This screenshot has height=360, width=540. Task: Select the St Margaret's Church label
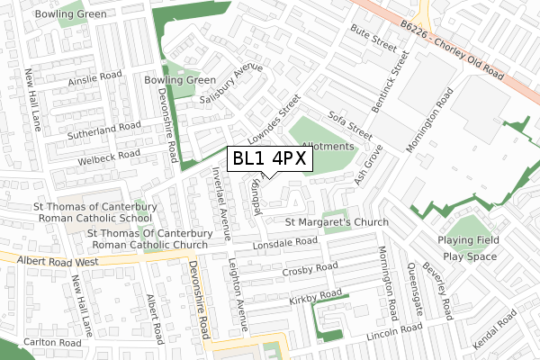[337, 222]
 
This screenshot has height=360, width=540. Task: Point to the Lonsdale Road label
[286, 243]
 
